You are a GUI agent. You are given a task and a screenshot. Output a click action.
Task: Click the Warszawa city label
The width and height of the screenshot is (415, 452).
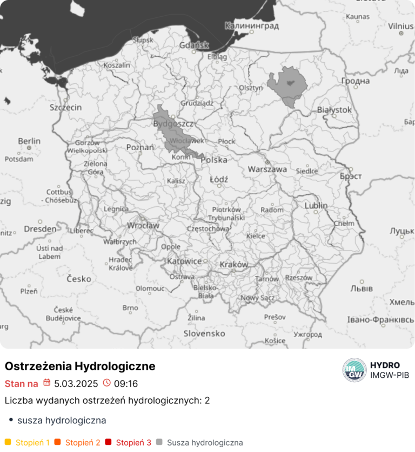pos(267,169)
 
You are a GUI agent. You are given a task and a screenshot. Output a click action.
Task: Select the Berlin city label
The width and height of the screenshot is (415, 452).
pos(29,141)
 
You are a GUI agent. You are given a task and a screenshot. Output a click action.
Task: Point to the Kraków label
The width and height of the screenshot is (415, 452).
pos(234,265)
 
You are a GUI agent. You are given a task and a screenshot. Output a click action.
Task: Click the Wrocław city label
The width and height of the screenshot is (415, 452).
pos(143,225)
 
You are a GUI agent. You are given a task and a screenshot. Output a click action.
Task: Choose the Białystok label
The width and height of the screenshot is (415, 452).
pos(334,110)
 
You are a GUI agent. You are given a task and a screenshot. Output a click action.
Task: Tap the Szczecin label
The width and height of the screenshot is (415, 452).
pos(65,107)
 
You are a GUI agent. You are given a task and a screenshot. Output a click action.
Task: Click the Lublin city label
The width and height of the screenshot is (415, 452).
pos(316,206)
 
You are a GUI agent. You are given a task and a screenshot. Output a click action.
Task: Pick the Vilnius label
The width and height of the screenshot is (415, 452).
pos(400,25)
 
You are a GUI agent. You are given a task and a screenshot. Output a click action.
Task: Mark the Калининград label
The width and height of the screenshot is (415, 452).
pos(252,25)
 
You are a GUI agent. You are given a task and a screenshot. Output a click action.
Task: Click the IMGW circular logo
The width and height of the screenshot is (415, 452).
pos(354,370)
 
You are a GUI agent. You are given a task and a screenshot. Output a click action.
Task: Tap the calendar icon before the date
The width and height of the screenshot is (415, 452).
pos(47,383)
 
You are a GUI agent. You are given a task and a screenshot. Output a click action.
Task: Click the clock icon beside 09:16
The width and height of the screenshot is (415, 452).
pos(106,383)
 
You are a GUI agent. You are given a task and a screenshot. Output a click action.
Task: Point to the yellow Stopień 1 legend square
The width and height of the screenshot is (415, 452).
pos(8,442)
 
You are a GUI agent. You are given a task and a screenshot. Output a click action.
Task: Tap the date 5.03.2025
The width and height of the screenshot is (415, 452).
pos(76,384)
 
